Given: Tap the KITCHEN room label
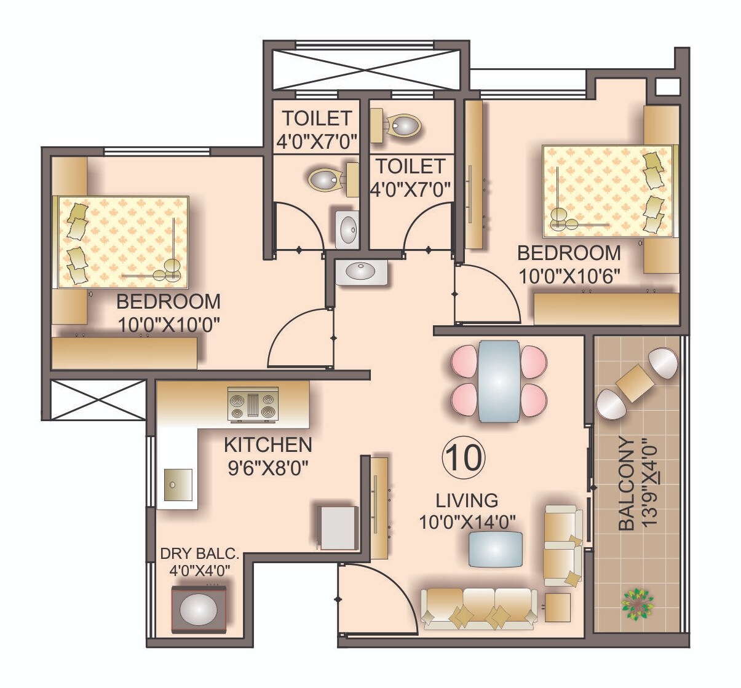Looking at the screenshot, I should [x=267, y=445].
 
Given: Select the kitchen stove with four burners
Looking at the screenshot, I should [x=252, y=405].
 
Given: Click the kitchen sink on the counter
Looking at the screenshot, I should [x=177, y=485].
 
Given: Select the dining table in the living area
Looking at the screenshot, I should [x=498, y=381].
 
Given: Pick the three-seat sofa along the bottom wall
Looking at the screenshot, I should [x=478, y=607].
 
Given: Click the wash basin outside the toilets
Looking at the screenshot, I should [x=362, y=272].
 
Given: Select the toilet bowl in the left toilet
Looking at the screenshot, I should [x=326, y=180].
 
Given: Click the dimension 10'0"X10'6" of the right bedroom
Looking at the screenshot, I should [x=569, y=275].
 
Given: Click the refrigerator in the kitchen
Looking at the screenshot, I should [x=337, y=527].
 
